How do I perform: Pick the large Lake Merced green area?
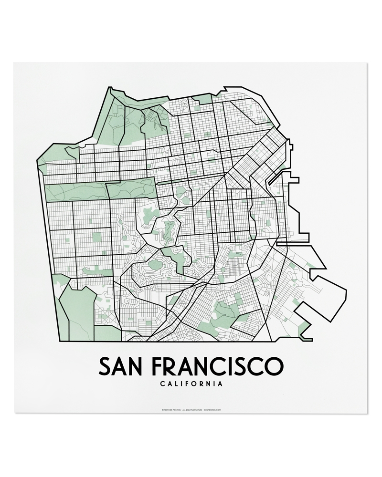[x=76, y=310]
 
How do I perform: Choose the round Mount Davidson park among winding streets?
[x=155, y=262]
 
